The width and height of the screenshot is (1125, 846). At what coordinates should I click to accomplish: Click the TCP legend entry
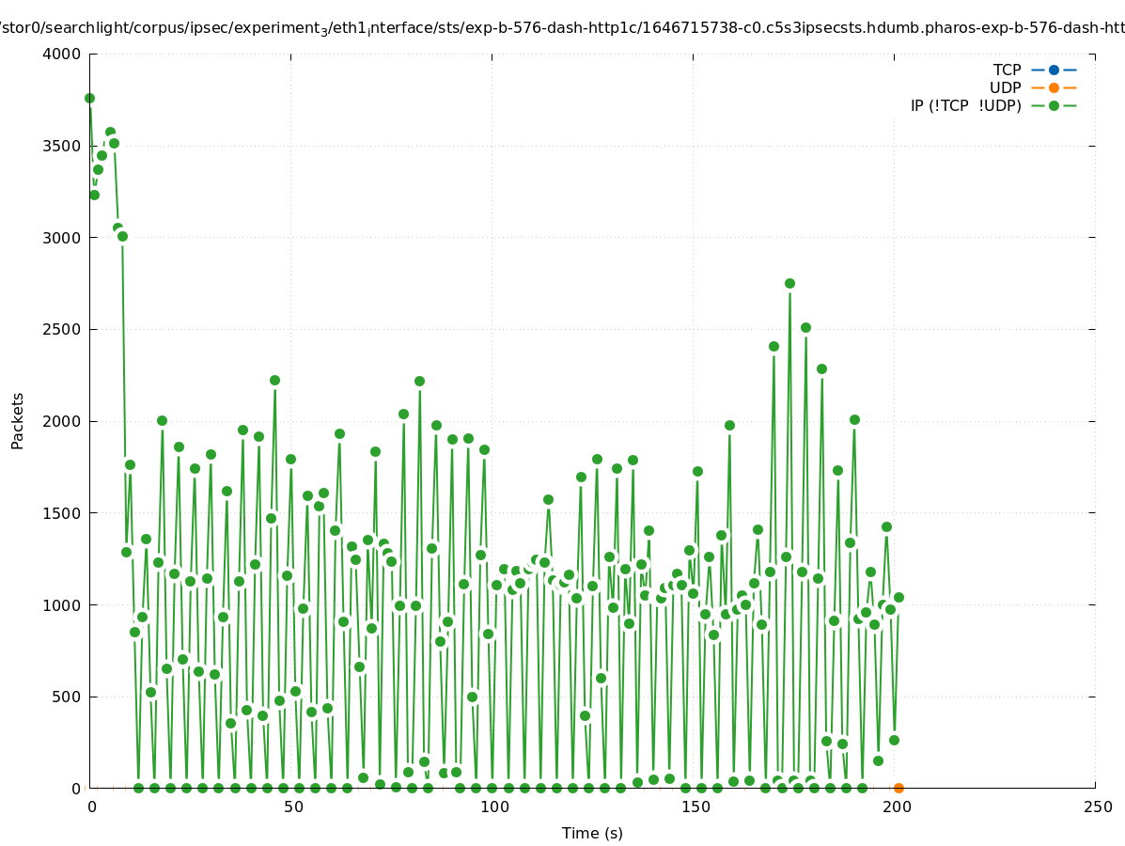[1007, 70]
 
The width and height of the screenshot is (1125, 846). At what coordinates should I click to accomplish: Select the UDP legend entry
[1005, 87]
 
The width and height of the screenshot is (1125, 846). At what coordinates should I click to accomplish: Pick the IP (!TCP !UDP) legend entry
[965, 105]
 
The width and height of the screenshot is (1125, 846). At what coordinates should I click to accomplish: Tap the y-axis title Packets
[18, 420]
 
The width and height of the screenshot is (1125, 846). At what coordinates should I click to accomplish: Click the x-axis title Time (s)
[592, 833]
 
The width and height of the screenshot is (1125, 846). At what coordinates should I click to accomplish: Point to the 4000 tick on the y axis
[62, 54]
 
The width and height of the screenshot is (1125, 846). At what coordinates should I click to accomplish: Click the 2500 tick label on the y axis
[62, 329]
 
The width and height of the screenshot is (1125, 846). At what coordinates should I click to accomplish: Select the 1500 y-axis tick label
[62, 513]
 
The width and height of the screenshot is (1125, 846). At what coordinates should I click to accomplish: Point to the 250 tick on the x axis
[1096, 807]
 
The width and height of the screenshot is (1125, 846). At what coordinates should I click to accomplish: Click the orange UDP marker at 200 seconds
[898, 788]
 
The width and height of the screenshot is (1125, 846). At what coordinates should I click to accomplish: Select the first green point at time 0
[89, 98]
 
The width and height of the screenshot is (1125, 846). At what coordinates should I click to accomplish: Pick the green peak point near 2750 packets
[789, 283]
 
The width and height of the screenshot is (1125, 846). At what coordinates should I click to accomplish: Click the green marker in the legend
[1054, 105]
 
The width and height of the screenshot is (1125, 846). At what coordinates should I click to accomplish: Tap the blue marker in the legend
[1054, 70]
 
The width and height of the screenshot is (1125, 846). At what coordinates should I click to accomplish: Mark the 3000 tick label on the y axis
[62, 238]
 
